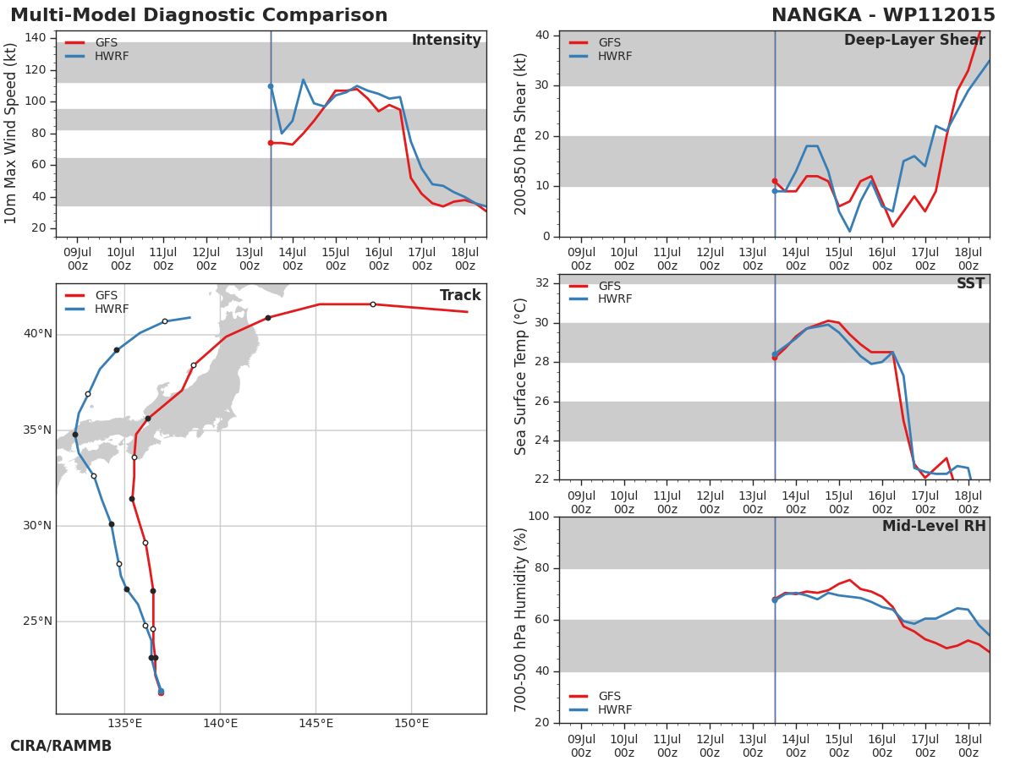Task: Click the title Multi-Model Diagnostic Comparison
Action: tap(199, 15)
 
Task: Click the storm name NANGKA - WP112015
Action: tap(883, 15)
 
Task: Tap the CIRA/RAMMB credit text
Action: tap(61, 746)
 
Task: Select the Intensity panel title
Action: tap(447, 40)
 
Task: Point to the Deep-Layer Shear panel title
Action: tap(914, 40)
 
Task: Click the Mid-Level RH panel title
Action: tap(934, 526)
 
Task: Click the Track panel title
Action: tap(460, 295)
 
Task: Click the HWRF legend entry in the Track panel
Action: tap(97, 309)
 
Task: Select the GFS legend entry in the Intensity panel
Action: tap(91, 42)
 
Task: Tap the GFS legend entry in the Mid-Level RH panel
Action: tap(595, 696)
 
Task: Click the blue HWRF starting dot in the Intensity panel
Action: tap(271, 86)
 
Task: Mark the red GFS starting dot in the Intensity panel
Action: tap(271, 143)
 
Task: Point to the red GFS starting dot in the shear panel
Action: tap(775, 181)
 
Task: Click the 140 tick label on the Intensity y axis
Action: tap(36, 37)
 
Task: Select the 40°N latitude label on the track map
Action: tap(38, 334)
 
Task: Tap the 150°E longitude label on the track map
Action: tap(412, 723)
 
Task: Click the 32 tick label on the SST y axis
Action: tap(542, 282)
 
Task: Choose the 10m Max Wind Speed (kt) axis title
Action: tap(10, 134)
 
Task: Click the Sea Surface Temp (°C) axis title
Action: tap(520, 376)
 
